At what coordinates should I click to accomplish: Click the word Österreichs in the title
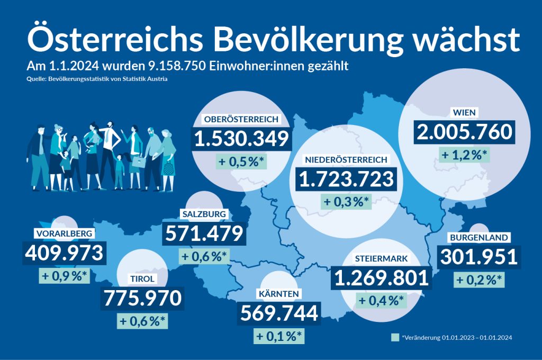(110, 39)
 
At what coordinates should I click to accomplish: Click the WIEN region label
(464, 113)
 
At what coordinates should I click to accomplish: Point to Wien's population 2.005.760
(464, 132)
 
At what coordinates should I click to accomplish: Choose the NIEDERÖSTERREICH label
(346, 159)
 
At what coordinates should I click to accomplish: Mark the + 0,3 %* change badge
(346, 202)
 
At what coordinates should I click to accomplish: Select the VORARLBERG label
(65, 233)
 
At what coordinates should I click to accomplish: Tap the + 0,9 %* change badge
(65, 275)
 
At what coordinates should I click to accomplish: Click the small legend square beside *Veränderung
(394, 337)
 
